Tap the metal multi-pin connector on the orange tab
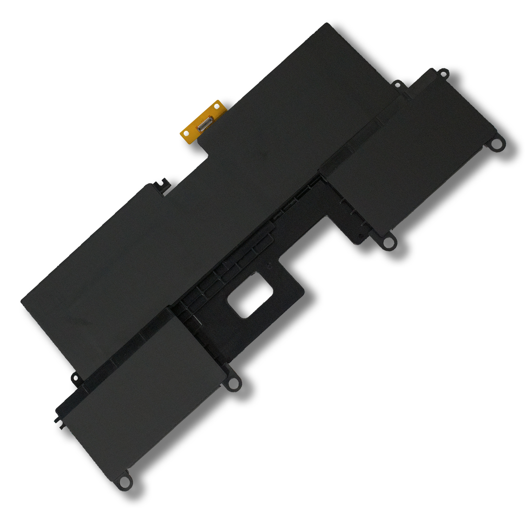204,124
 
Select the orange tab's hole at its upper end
217,107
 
